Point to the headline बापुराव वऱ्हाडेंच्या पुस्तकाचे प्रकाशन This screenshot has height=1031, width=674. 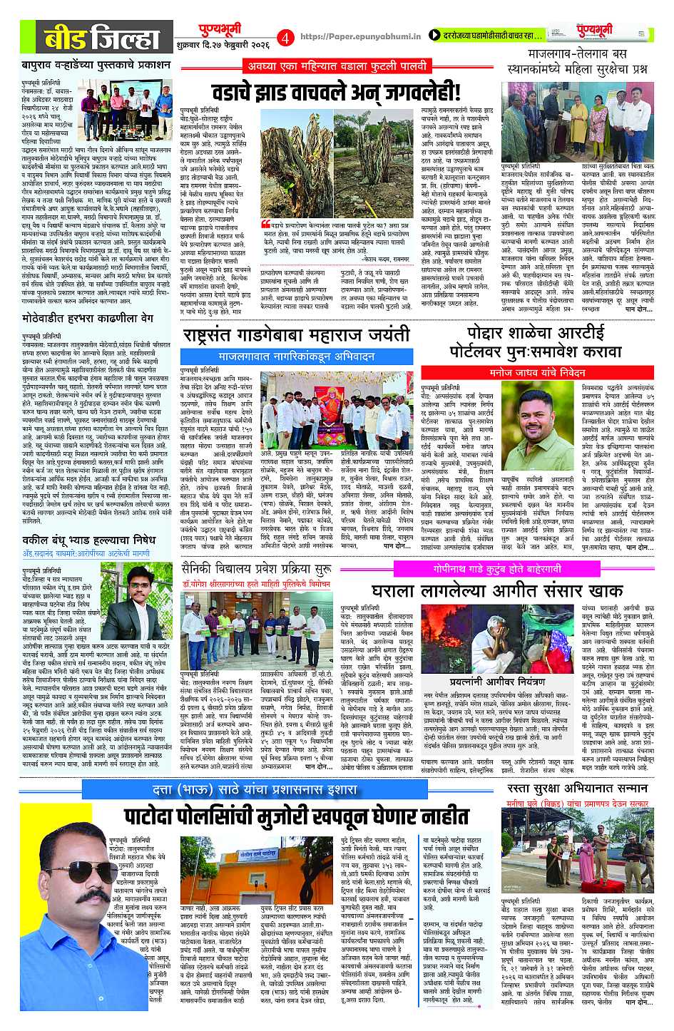96,65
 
